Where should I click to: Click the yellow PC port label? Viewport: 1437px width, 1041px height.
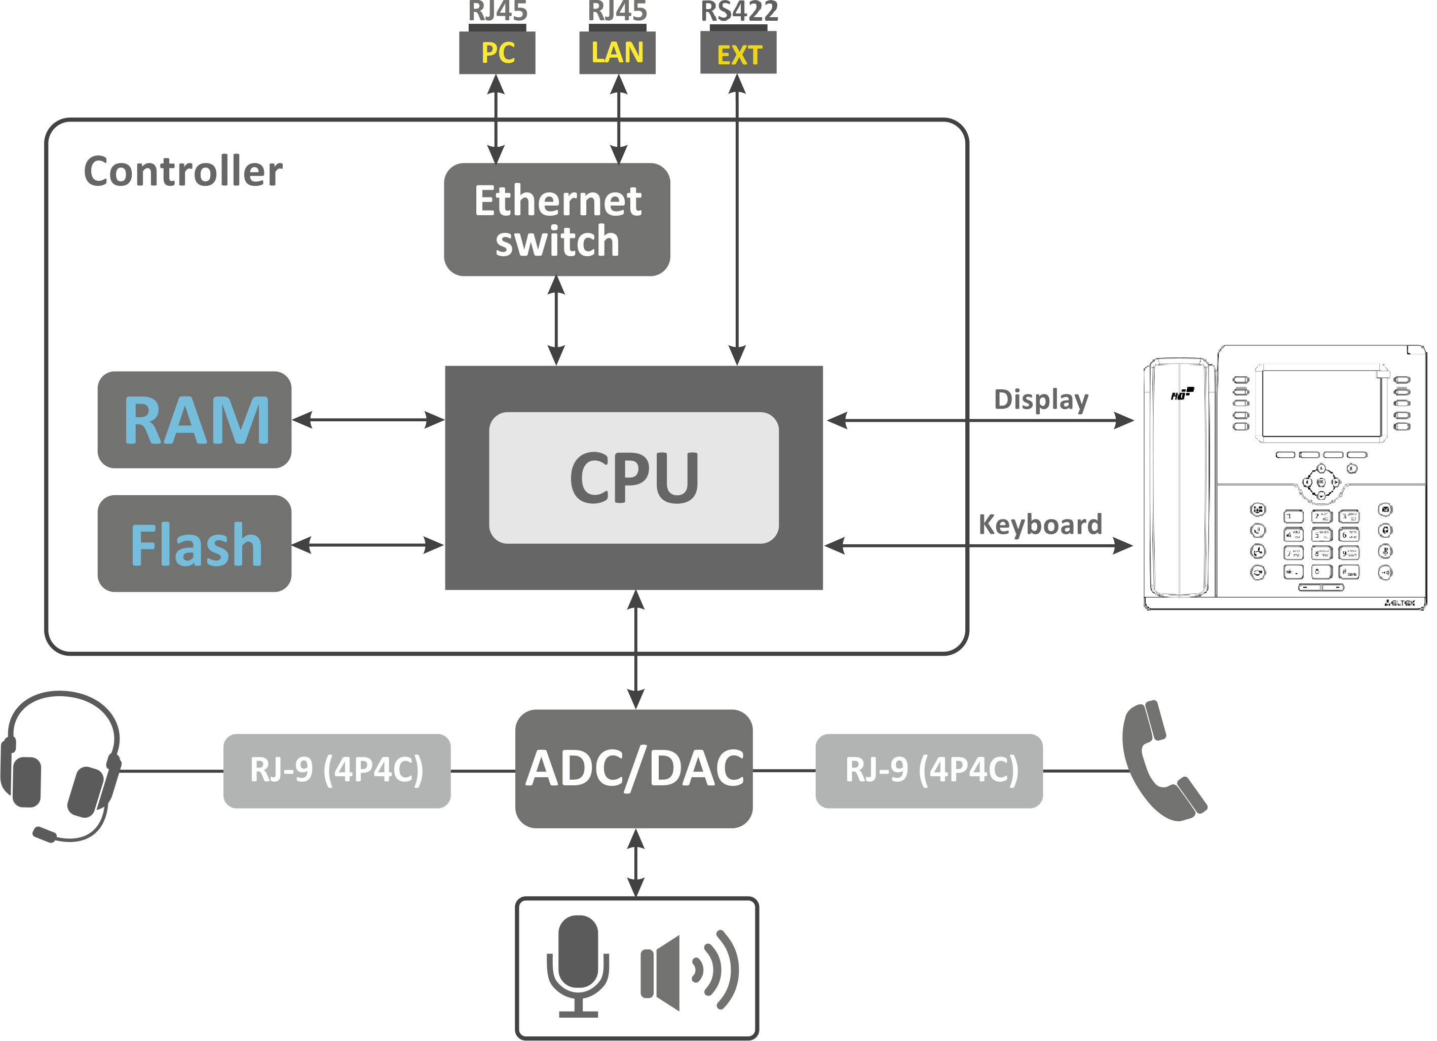[x=498, y=53]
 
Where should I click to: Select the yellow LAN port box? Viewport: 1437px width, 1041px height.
[x=618, y=53]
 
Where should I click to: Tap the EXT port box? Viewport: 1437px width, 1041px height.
[x=739, y=55]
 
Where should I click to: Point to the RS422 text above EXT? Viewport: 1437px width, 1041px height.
[x=739, y=12]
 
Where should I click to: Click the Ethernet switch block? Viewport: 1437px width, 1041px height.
[x=557, y=220]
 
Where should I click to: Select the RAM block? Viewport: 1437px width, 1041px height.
[x=195, y=420]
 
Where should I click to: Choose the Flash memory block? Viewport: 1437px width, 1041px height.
[x=195, y=544]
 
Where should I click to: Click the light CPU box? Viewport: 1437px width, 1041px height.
[x=633, y=477]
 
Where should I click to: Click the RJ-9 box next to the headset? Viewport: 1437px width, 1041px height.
[x=337, y=771]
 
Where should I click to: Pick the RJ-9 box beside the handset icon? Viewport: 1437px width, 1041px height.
[x=929, y=771]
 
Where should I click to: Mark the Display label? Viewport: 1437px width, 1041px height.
[x=1041, y=399]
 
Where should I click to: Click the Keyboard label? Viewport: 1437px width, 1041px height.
[x=1040, y=525]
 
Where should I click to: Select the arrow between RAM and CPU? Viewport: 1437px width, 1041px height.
[x=368, y=420]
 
